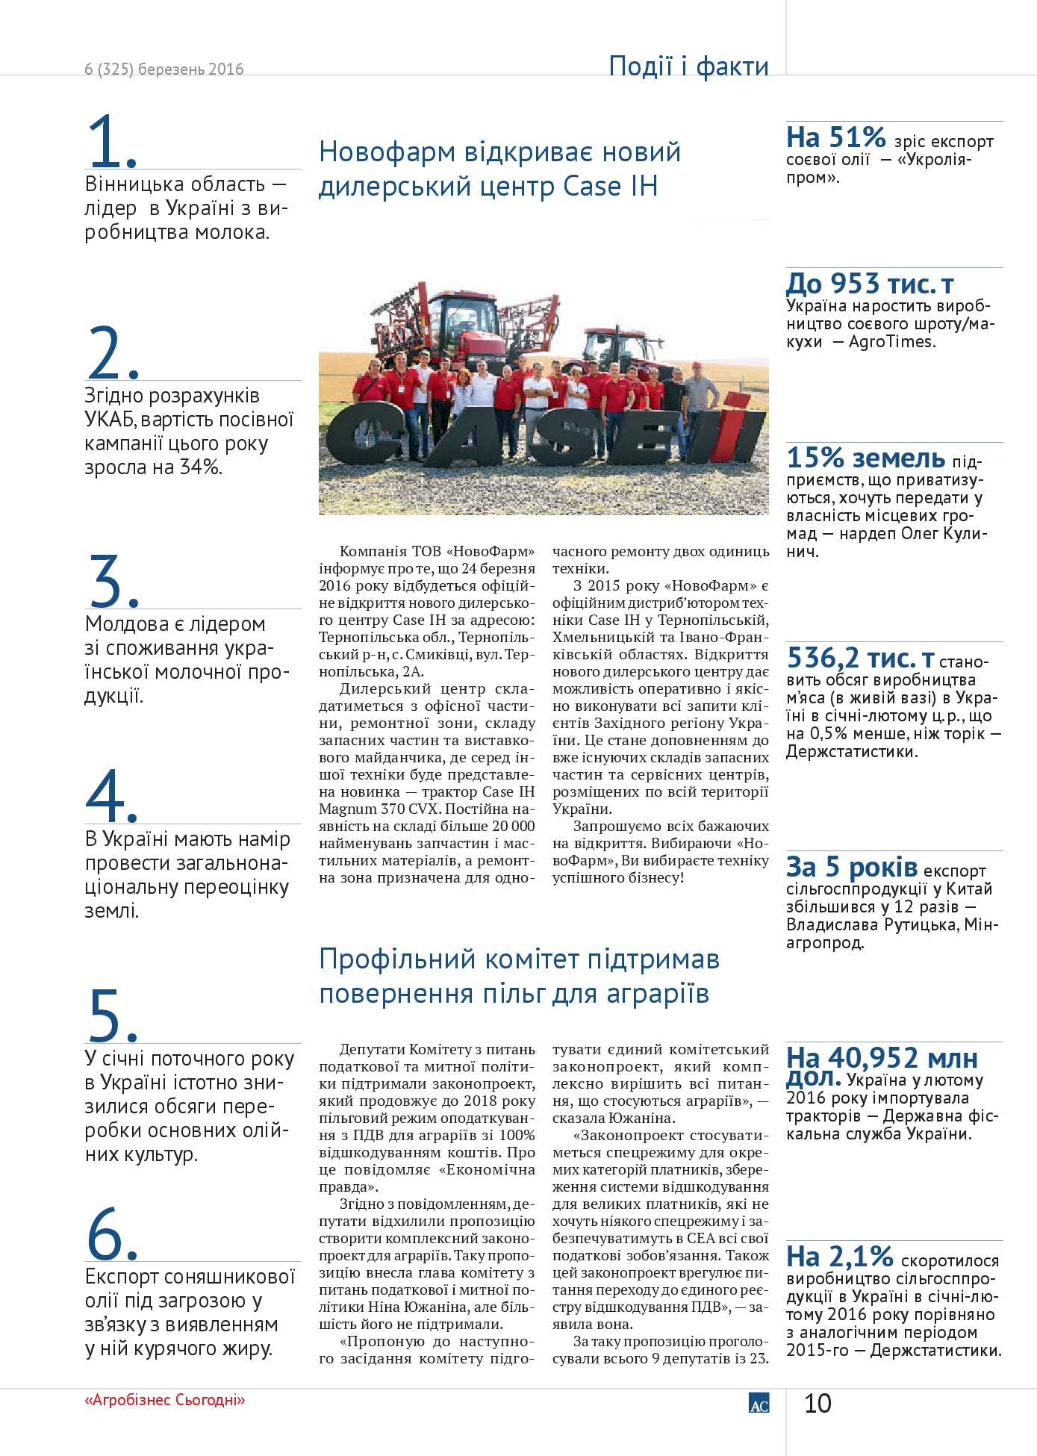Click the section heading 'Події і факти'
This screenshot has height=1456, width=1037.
[688, 66]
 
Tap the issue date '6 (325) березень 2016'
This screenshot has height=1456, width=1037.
[164, 69]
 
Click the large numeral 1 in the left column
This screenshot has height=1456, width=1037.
[110, 141]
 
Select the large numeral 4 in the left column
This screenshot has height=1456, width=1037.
[110, 795]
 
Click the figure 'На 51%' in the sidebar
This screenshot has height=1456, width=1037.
[836, 137]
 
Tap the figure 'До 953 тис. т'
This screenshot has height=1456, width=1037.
[870, 284]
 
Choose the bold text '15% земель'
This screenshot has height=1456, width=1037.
[866, 457]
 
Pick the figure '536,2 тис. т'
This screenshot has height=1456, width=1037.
[861, 658]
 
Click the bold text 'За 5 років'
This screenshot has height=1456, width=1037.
[852, 867]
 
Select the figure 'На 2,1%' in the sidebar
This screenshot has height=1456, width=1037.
[840, 1257]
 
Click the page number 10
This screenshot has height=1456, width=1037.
[818, 1404]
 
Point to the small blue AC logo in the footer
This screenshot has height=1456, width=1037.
[759, 1403]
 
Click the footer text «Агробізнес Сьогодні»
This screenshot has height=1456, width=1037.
[165, 1400]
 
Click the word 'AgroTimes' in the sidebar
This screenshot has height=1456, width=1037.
[891, 342]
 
